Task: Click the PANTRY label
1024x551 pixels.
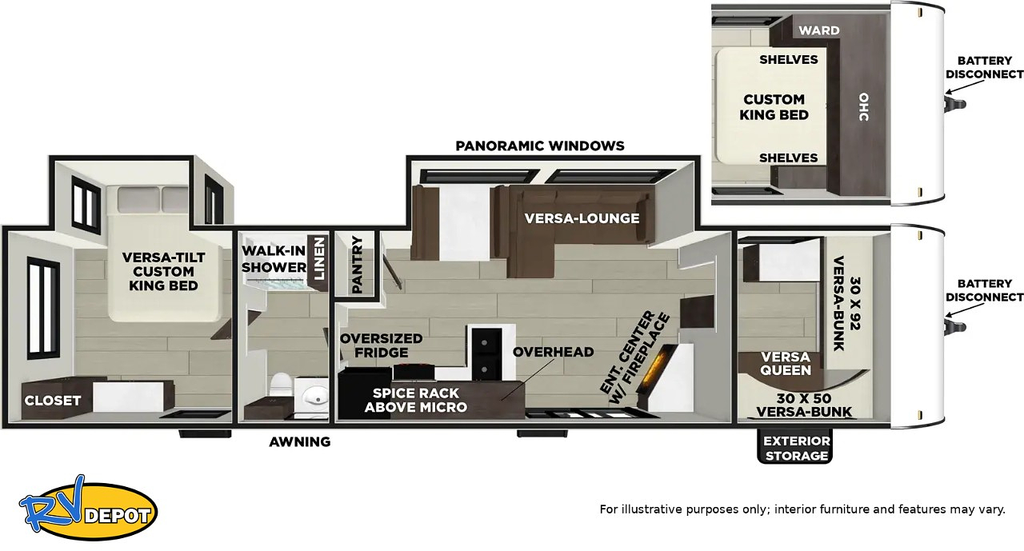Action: pyautogui.click(x=358, y=265)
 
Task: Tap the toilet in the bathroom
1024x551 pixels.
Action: pyautogui.click(x=281, y=385)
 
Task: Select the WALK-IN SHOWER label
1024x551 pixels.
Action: pyautogui.click(x=274, y=258)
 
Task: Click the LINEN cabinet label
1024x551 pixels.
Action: pyautogui.click(x=318, y=258)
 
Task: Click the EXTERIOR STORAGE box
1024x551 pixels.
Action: pyautogui.click(x=796, y=448)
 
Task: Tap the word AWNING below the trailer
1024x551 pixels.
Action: pyautogui.click(x=300, y=441)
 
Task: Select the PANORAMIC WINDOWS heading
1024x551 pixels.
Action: pyautogui.click(x=540, y=146)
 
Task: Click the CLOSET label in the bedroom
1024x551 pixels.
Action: pyautogui.click(x=53, y=401)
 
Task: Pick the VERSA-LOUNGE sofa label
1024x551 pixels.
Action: pyautogui.click(x=582, y=218)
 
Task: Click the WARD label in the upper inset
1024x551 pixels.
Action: pyautogui.click(x=819, y=30)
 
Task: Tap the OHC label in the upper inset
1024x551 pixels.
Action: pyautogui.click(x=863, y=107)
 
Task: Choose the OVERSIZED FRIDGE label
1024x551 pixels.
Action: pyautogui.click(x=382, y=345)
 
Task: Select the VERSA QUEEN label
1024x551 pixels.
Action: pyautogui.click(x=786, y=363)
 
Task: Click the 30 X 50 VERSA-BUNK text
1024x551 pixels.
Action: pyautogui.click(x=804, y=405)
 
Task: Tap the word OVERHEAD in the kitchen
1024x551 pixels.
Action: pyautogui.click(x=553, y=352)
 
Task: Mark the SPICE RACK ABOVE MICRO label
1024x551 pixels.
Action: pyautogui.click(x=415, y=400)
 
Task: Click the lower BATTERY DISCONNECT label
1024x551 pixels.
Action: pyautogui.click(x=984, y=290)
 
